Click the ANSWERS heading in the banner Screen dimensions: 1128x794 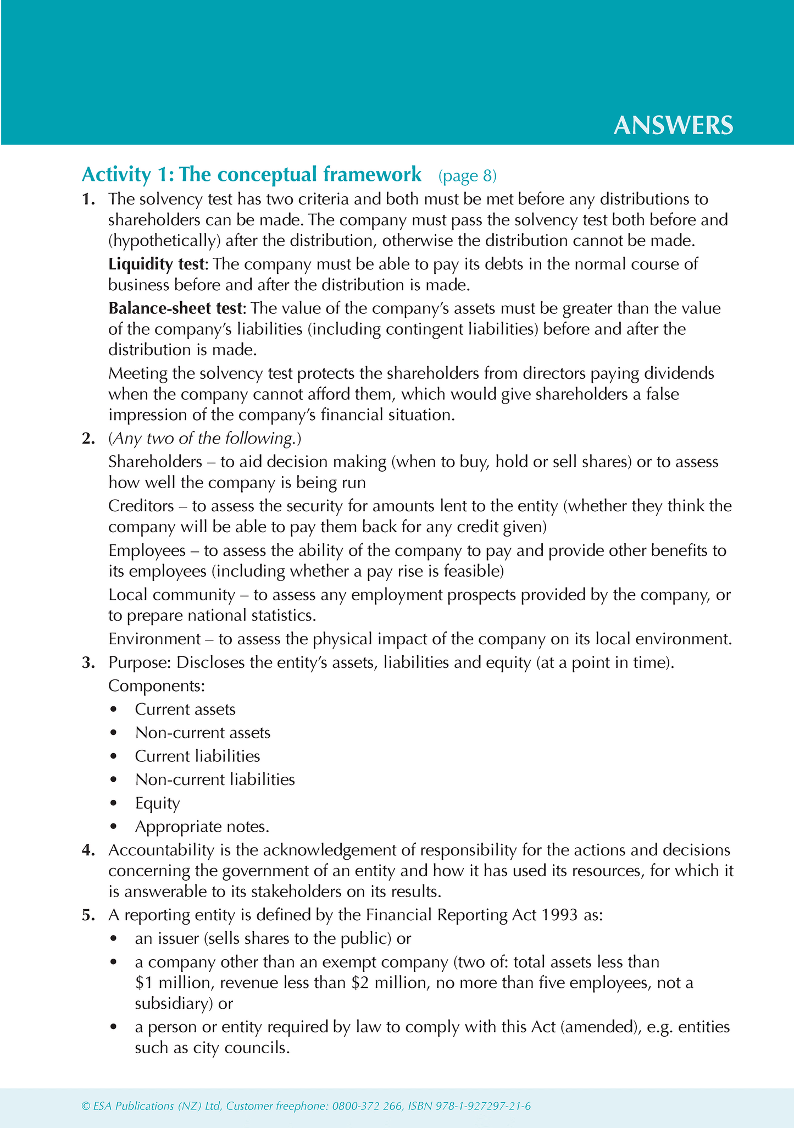pos(673,126)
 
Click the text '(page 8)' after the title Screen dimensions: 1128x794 pos(468,175)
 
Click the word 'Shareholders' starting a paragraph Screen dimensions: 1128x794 pos(156,462)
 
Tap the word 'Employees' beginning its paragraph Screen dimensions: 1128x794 pos(147,550)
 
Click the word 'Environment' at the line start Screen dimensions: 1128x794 pos(154,639)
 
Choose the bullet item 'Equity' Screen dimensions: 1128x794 pos(158,804)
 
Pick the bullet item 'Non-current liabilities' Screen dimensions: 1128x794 pos(215,779)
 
